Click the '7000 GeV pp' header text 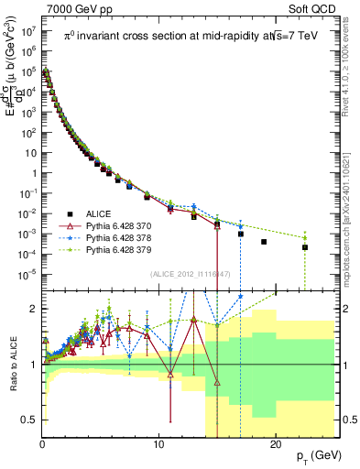tap(80, 8)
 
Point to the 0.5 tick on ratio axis tap(29, 420)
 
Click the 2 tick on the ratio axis tap(34, 309)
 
